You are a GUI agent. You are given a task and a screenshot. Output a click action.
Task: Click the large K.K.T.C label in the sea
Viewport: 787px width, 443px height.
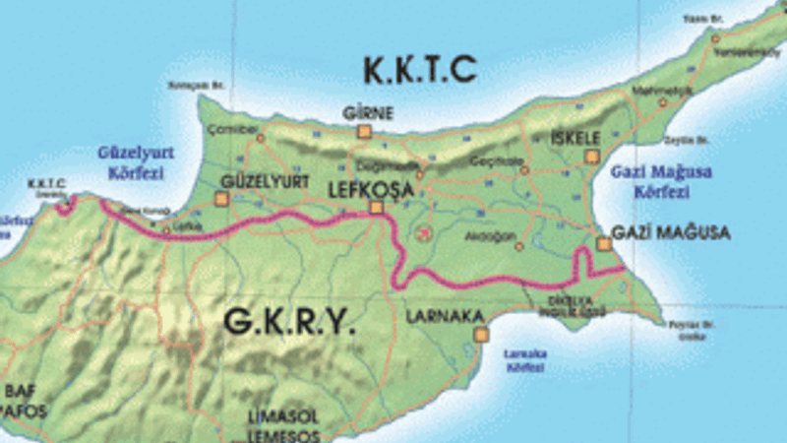click(419, 70)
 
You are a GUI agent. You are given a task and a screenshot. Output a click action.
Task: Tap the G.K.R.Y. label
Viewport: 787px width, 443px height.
click(288, 322)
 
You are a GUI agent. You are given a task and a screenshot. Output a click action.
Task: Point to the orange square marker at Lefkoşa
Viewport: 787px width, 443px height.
click(376, 207)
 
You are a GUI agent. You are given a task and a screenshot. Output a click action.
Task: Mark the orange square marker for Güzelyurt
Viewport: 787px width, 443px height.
click(221, 199)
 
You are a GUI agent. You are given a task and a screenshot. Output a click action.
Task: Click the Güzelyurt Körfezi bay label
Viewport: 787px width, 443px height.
click(131, 161)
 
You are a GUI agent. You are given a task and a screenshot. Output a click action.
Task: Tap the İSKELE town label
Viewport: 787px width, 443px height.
click(575, 136)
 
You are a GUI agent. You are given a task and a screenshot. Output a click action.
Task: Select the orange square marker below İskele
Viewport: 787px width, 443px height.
click(591, 156)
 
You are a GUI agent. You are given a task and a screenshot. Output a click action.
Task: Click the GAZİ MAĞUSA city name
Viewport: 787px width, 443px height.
click(670, 233)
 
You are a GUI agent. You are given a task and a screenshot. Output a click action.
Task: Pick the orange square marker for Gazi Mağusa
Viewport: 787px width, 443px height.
click(603, 243)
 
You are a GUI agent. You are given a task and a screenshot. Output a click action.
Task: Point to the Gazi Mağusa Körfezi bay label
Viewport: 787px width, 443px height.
click(661, 181)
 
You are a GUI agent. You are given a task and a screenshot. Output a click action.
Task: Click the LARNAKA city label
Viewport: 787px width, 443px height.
click(445, 316)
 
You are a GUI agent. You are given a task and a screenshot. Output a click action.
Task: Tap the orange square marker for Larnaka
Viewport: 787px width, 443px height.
click(480, 335)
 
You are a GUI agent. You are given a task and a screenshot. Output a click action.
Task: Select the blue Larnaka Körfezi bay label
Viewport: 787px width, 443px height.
click(524, 360)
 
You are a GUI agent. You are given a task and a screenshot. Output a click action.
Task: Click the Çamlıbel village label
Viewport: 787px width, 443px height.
click(239, 129)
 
